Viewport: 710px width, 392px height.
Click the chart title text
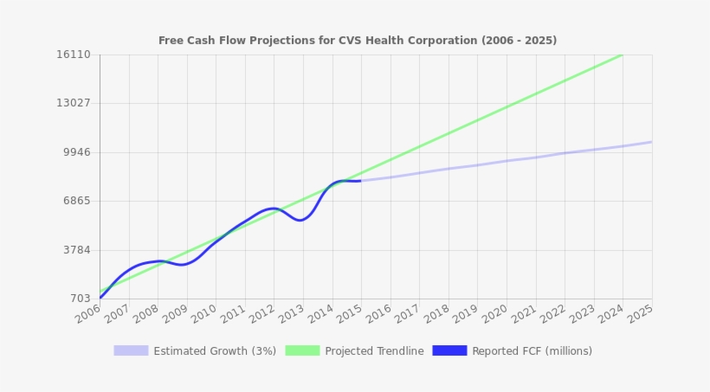[357, 41]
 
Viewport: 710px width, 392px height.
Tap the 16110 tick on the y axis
[74, 55]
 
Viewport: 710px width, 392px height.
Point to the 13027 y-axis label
[74, 103]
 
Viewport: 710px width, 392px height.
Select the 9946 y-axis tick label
[76, 152]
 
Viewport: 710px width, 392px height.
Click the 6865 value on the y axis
[76, 201]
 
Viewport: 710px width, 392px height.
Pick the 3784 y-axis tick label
[76, 250]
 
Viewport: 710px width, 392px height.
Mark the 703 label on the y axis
[80, 299]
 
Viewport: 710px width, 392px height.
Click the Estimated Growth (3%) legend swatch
[131, 350]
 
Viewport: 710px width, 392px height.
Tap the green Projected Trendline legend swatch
[302, 350]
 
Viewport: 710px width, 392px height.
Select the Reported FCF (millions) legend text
[532, 351]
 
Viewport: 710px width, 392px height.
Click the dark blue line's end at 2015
[360, 181]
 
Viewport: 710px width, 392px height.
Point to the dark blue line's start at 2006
[100, 298]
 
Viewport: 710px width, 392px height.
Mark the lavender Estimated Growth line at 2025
[651, 142]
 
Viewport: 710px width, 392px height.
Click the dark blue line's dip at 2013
[300, 220]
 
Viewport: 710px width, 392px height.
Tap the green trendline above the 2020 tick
[506, 107]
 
